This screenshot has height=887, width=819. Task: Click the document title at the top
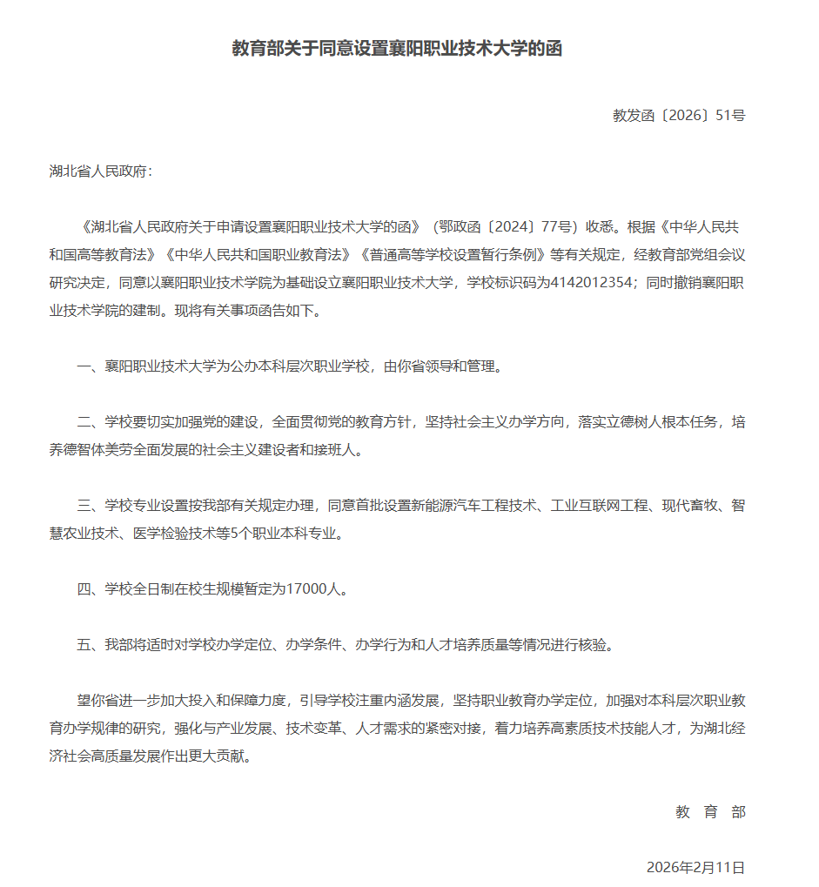pyautogui.click(x=397, y=49)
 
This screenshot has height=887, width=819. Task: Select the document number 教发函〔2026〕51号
pyautogui.click(x=679, y=115)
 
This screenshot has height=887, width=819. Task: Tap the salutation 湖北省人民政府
pyautogui.click(x=100, y=171)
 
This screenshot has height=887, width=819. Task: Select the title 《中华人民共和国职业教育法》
pyautogui.click(x=259, y=255)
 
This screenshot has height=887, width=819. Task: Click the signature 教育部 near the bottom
pyautogui.click(x=710, y=812)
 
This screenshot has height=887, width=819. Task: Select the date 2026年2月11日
pyautogui.click(x=695, y=868)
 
